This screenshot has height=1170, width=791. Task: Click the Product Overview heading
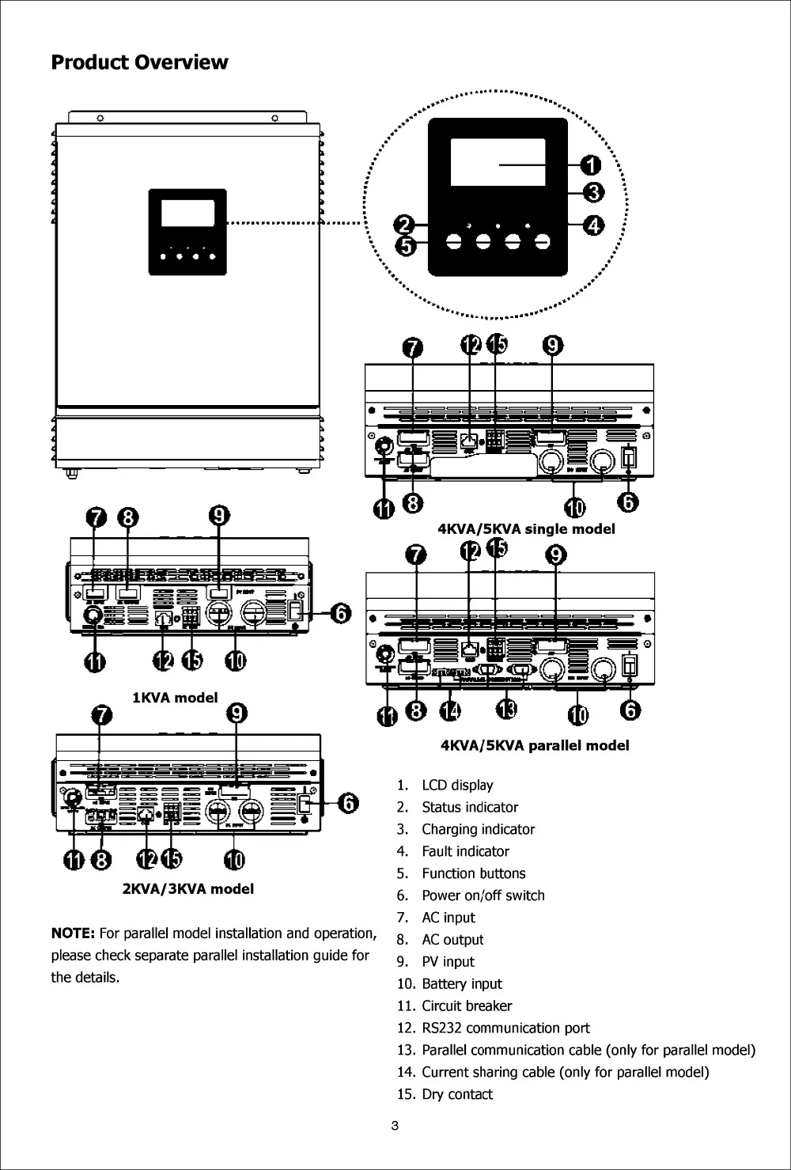click(139, 62)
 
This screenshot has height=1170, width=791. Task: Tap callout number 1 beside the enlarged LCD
click(590, 165)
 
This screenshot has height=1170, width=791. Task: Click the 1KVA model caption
click(174, 698)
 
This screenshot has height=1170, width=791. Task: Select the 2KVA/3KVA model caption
click(187, 889)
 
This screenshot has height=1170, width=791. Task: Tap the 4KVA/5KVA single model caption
click(526, 529)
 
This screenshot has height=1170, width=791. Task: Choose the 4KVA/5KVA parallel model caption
click(535, 745)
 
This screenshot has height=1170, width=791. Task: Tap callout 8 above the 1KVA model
click(127, 518)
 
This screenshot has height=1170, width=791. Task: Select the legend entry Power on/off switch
click(483, 895)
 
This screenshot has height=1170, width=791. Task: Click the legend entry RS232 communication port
click(505, 1028)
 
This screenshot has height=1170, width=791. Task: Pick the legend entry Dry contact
click(456, 1095)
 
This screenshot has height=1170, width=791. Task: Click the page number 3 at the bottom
click(395, 1126)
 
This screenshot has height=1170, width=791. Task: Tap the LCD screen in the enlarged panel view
click(498, 161)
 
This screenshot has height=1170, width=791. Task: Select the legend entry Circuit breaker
click(466, 1006)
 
